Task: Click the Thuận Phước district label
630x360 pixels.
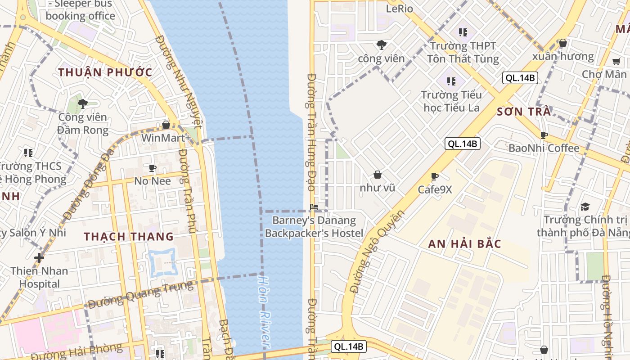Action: click(105, 72)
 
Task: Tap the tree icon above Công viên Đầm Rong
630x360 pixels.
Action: click(83, 104)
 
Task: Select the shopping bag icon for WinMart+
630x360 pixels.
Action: click(166, 125)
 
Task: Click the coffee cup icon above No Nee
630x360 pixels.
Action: click(153, 168)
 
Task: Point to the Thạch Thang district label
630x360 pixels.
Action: click(129, 236)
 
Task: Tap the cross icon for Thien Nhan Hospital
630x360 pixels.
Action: click(39, 258)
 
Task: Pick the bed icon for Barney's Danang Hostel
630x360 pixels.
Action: click(314, 207)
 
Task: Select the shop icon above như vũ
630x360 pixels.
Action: click(378, 175)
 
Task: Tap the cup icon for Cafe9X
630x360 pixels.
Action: click(434, 176)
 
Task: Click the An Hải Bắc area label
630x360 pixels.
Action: click(464, 244)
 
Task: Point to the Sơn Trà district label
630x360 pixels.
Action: click(524, 112)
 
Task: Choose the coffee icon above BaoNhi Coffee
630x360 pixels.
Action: click(544, 135)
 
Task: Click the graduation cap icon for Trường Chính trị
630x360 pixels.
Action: click(585, 207)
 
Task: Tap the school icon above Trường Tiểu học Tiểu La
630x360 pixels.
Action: click(451, 81)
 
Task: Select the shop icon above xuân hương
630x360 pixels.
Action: click(562, 43)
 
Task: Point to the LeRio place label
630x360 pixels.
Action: click(399, 9)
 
